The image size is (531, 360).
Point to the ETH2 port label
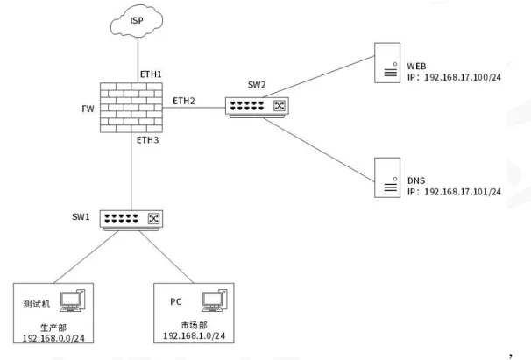(184, 102)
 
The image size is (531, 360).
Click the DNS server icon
(386, 179)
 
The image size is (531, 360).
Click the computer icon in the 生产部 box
(72, 303)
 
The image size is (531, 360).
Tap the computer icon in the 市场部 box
(212, 302)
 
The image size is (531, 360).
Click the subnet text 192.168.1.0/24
(195, 335)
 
